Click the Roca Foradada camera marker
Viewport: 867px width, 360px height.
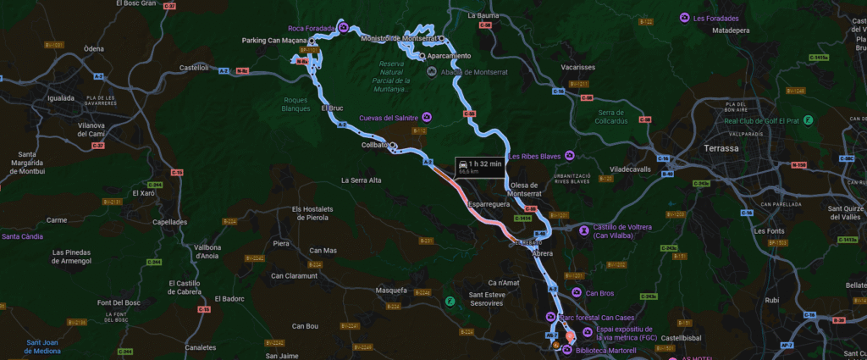pyautogui.click(x=343, y=27)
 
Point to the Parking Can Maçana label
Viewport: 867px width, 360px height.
pyautogui.click(x=274, y=40)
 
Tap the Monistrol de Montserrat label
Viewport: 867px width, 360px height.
pyautogui.click(x=395, y=38)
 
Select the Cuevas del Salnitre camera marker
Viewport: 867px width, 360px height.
pyautogui.click(x=427, y=117)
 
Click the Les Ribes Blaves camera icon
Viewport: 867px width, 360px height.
pyautogui.click(x=570, y=155)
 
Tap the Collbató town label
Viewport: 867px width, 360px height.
pyautogui.click(x=373, y=145)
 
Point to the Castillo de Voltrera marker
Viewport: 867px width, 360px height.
pyautogui.click(x=584, y=228)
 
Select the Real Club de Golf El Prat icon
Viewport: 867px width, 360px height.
pyautogui.click(x=809, y=119)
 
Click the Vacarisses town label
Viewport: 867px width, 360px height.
pyautogui.click(x=578, y=67)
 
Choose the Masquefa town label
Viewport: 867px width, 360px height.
pyautogui.click(x=391, y=291)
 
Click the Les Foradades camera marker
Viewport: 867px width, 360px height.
pyautogui.click(x=684, y=18)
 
